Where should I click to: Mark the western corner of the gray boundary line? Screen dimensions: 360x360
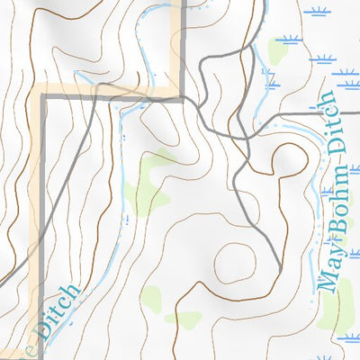pos(40,93)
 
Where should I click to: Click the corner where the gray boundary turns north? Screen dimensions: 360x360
pos(183,92)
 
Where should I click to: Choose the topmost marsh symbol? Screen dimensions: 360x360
pos(315,12)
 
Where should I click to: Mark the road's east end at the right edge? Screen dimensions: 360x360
pos(358,114)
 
